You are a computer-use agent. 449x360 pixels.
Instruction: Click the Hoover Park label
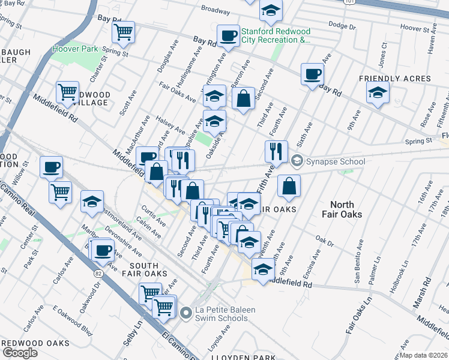(x=75, y=48)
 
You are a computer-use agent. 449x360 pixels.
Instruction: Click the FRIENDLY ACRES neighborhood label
(x=395, y=79)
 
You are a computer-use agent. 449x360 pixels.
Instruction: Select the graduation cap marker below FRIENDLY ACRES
(x=378, y=93)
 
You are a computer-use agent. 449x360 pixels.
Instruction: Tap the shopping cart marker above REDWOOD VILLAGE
(x=67, y=92)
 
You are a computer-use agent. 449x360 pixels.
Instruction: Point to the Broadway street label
(x=215, y=10)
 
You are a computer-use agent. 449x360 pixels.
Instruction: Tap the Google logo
(x=20, y=353)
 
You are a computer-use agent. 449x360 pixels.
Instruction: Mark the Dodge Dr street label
(x=343, y=25)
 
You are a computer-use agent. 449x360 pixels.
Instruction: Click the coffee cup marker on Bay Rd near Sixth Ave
(x=312, y=74)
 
